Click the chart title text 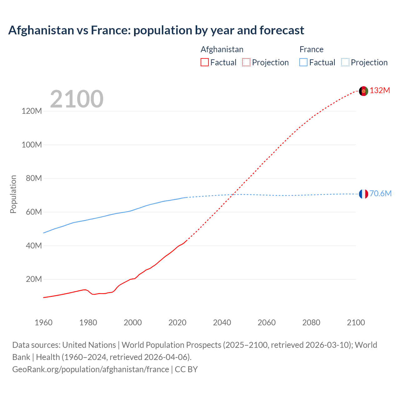156,30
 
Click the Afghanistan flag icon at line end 363,91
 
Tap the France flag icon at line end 363,194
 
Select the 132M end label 380,91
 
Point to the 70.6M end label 380,194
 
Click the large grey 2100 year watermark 77,99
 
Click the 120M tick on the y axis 32,111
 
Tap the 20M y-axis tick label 33,279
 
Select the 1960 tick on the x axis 43,322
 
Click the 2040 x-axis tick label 222,322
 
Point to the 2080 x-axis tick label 311,322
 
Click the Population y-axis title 13,194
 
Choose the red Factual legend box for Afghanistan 204,62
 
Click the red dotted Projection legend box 246,62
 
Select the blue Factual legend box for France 303,62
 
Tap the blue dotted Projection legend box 345,62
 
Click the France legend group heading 311,49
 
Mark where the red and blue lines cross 233,195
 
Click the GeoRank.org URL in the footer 91,369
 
